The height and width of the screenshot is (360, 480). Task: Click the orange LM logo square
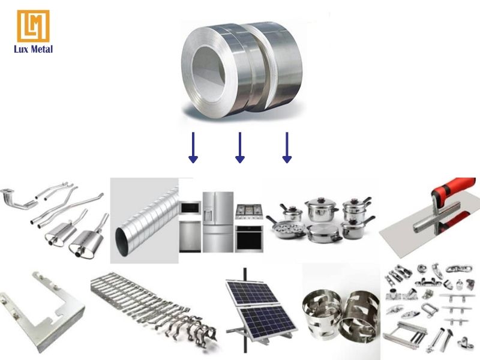(33, 26)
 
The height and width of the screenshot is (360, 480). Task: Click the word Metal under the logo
(41, 49)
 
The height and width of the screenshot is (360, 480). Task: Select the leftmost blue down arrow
(193, 148)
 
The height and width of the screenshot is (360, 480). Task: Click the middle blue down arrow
(240, 148)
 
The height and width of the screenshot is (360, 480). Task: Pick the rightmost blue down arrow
(287, 148)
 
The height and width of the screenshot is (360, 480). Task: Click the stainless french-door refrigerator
(218, 222)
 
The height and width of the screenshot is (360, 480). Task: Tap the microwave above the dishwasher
(190, 208)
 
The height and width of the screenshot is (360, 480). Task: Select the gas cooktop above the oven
(249, 212)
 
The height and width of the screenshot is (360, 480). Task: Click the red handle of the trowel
(454, 197)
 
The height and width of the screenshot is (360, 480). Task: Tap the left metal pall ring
(322, 313)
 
